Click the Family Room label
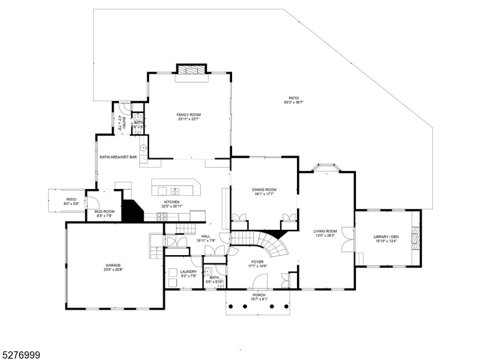coord(188,114)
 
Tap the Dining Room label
coord(264,190)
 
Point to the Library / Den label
coord(386,236)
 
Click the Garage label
coord(114,265)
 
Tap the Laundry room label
coord(188,272)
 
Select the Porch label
coord(259,295)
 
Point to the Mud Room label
coord(104,211)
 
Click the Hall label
coord(206,236)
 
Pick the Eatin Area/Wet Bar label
coord(118,158)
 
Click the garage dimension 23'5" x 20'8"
coord(114,270)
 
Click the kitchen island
coord(175,187)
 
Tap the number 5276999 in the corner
coord(20,356)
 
